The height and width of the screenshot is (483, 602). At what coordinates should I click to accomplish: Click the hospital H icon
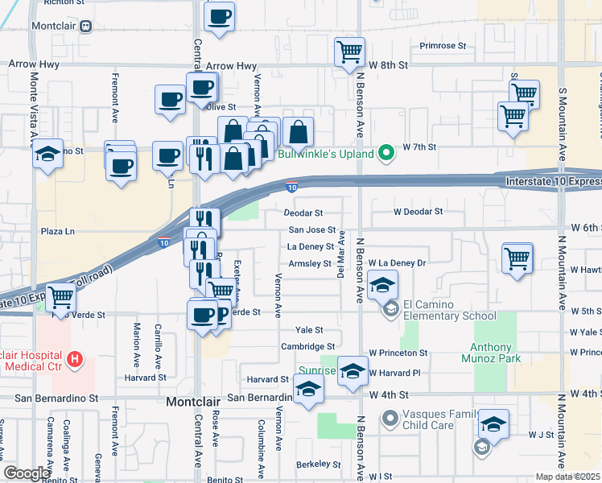pos(75,358)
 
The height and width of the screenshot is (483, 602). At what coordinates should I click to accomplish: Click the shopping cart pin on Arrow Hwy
pos(349,53)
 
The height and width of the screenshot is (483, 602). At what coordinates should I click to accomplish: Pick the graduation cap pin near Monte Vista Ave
pos(47,153)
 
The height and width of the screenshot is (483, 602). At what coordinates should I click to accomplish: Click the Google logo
pos(26,473)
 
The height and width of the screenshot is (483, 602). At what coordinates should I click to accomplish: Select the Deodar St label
pos(303,213)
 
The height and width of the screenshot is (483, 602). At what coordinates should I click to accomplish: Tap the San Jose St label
pos(311,230)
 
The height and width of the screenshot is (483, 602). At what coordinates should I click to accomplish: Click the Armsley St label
pos(309,263)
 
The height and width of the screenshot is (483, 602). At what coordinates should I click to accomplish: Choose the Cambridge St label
pos(302,346)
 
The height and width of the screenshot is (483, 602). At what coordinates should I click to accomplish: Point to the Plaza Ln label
pos(58,231)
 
